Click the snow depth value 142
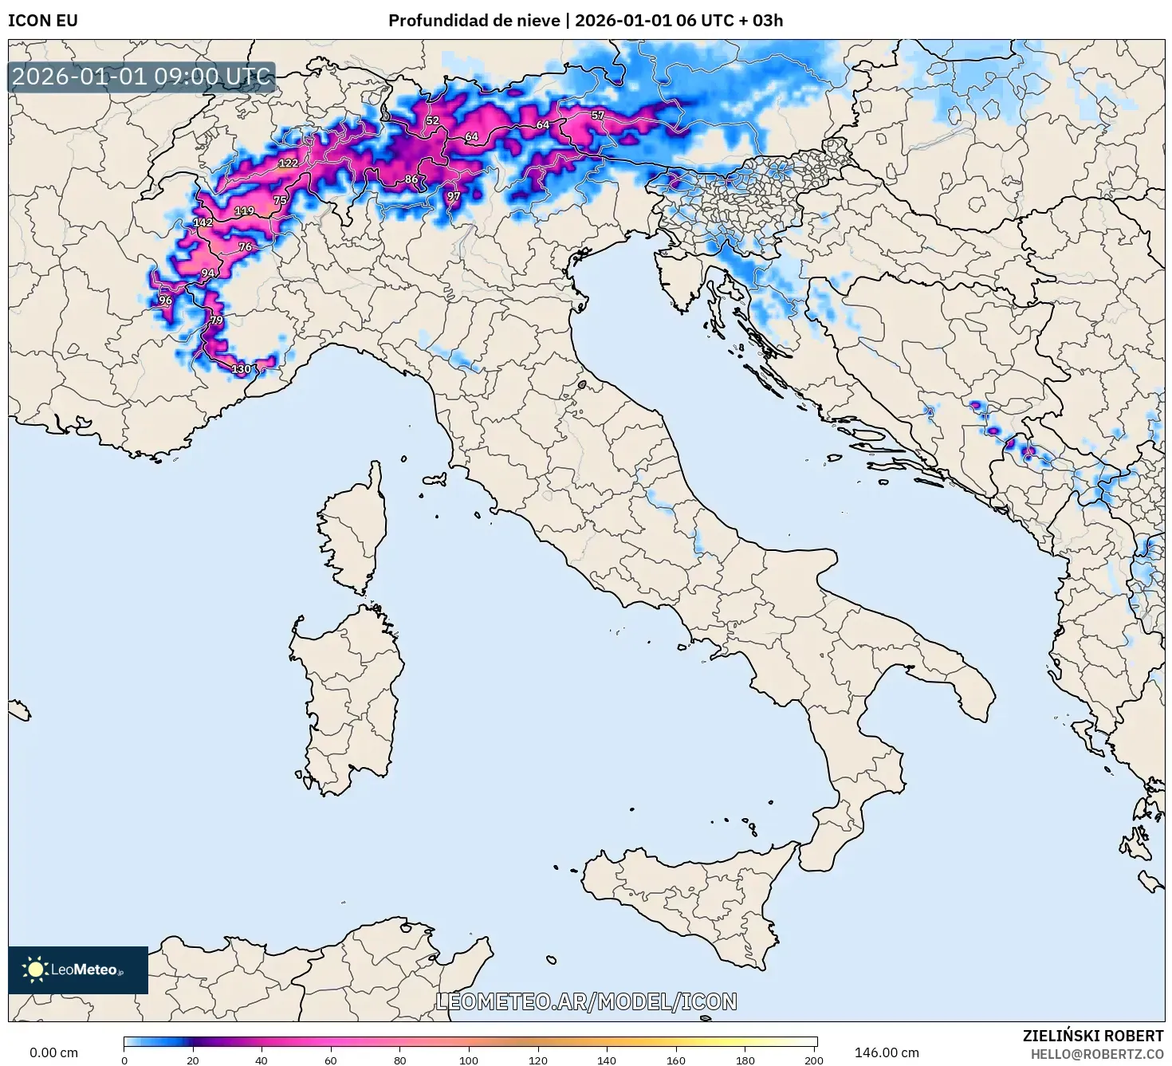pyautogui.click(x=203, y=222)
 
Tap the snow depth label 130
pyautogui.click(x=241, y=368)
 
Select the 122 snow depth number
pyautogui.click(x=288, y=163)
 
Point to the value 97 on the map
pyautogui.click(x=454, y=196)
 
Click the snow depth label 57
pyautogui.click(x=598, y=116)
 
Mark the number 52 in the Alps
pyautogui.click(x=432, y=121)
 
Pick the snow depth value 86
pyautogui.click(x=411, y=179)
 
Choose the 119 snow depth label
pyautogui.click(x=244, y=211)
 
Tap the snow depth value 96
pyautogui.click(x=165, y=301)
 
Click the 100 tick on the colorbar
pyautogui.click(x=469, y=1060)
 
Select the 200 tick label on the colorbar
pyautogui.click(x=813, y=1060)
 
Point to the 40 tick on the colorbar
pyautogui.click(x=262, y=1060)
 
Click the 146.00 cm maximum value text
pyautogui.click(x=886, y=1052)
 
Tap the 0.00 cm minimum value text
pyautogui.click(x=53, y=1052)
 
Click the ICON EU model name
pyautogui.click(x=43, y=21)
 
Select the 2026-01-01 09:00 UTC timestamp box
pyautogui.click(x=141, y=77)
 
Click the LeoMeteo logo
pyautogui.click(x=78, y=970)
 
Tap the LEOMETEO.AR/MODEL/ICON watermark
pyautogui.click(x=586, y=1001)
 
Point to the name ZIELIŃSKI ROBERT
pyautogui.click(x=1092, y=1036)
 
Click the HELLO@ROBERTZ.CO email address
pyautogui.click(x=1096, y=1054)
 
